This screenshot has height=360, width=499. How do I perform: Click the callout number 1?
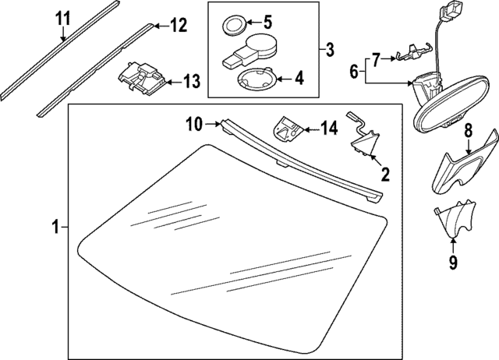55,228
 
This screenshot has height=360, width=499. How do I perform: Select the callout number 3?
329,51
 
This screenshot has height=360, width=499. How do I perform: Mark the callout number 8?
469,129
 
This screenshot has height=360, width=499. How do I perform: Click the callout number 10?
194,122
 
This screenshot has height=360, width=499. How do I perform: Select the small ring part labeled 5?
233,24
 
